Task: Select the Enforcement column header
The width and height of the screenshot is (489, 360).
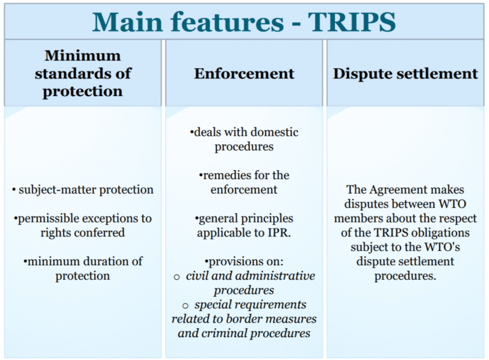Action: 244,73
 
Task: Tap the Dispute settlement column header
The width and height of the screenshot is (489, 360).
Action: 405,73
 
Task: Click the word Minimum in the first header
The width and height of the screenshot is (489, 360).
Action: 83,55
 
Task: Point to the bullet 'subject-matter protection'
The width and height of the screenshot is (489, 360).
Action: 83,189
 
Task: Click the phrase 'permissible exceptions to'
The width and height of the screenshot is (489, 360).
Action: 83,219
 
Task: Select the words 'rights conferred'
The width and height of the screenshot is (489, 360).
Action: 83,233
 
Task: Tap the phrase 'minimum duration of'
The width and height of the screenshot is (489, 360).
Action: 83,261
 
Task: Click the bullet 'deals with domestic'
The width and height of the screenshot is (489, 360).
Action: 244,133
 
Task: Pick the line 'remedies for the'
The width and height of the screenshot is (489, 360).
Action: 244,175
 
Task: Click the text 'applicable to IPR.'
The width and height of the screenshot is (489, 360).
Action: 244,233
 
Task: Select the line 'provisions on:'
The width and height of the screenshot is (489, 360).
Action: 244,261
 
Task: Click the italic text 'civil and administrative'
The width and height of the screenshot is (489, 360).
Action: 250,276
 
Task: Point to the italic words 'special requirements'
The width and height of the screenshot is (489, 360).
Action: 250,305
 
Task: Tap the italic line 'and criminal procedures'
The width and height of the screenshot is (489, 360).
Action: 244,333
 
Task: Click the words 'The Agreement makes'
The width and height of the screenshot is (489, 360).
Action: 405,189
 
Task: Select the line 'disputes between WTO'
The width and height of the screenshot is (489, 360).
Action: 405,204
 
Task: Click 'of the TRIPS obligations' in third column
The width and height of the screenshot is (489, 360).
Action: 405,233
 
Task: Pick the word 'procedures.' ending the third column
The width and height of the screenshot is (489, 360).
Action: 405,276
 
